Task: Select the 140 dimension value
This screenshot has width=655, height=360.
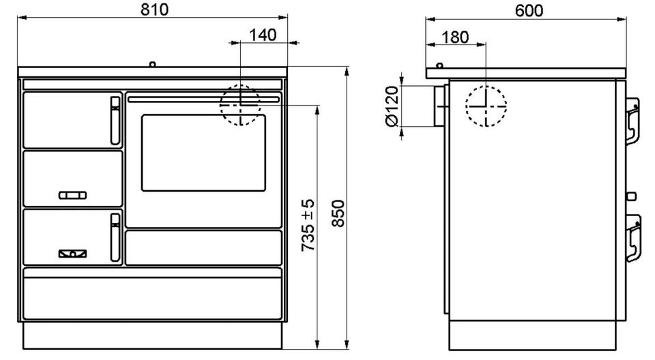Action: pyautogui.click(x=263, y=34)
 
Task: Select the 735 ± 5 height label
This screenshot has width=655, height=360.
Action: pyautogui.click(x=308, y=224)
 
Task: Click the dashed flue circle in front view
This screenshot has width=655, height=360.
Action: pyautogui.click(x=240, y=105)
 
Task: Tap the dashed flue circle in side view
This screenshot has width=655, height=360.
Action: pyautogui.click(x=486, y=106)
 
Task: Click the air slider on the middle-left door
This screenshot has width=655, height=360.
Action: pyautogui.click(x=72, y=196)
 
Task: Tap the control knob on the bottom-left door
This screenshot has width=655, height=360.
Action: pyautogui.click(x=72, y=254)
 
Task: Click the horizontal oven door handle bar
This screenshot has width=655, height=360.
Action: pyautogui.click(x=203, y=100)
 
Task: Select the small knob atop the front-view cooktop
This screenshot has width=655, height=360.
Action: pyautogui.click(x=153, y=65)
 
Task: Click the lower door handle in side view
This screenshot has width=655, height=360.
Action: pyautogui.click(x=632, y=237)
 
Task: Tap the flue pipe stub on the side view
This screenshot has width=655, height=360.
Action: pyautogui.click(x=436, y=106)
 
